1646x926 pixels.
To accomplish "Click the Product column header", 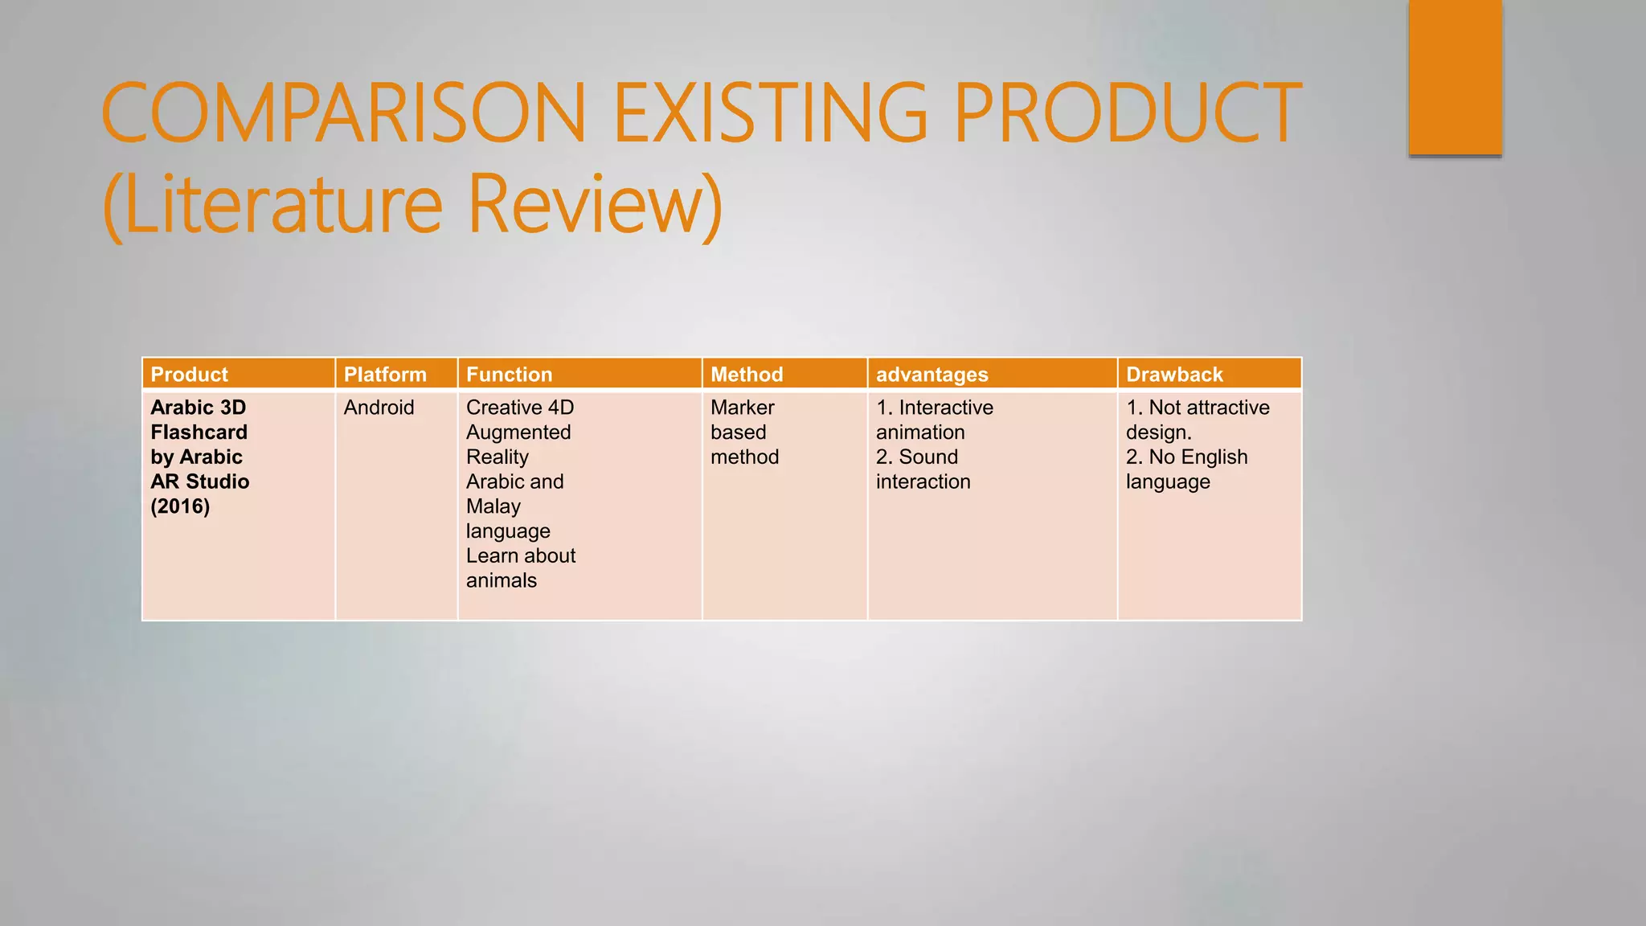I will (x=189, y=375).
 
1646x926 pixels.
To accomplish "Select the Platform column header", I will (x=385, y=375).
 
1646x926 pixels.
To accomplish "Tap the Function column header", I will (x=509, y=375).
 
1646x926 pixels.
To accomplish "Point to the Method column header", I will (x=747, y=375).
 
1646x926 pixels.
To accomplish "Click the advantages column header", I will (x=932, y=375).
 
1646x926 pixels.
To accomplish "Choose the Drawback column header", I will (x=1174, y=375).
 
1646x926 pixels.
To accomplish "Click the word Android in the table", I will (x=379, y=408).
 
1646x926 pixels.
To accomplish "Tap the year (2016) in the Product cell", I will (x=180, y=506).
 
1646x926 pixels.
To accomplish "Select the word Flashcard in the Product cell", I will (x=199, y=432).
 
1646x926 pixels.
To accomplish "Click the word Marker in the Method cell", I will (x=742, y=408).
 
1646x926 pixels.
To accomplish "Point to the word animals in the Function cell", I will (x=501, y=580).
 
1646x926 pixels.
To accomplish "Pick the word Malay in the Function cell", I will (x=493, y=506).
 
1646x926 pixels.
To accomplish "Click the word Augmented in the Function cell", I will (x=518, y=432).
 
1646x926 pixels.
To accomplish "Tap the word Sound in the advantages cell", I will (x=928, y=457).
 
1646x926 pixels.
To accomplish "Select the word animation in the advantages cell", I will (x=920, y=432).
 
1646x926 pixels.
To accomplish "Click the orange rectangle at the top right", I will (x=1455, y=76).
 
